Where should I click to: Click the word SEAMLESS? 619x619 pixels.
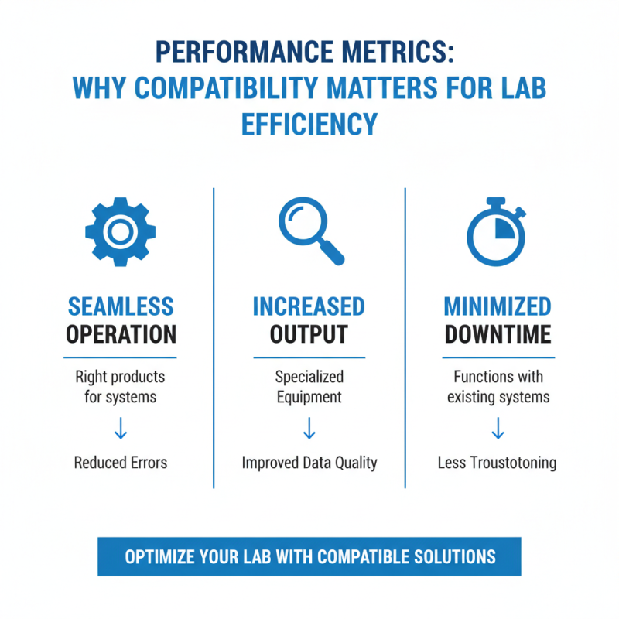[x=121, y=306]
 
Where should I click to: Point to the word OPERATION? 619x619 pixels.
[x=121, y=334]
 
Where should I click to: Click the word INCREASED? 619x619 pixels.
[x=309, y=306]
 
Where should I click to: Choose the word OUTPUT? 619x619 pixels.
[x=309, y=334]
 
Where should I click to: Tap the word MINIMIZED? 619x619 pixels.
[x=498, y=306]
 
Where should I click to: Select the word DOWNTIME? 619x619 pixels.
[x=498, y=334]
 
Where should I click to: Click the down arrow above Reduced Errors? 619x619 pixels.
[x=121, y=429]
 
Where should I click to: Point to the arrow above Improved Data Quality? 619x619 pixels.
[x=309, y=429]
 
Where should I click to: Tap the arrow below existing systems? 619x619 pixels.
[x=498, y=429]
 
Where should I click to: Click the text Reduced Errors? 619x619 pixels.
[x=121, y=463]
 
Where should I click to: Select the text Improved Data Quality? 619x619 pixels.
[x=309, y=463]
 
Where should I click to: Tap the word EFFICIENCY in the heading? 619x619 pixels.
[x=309, y=124]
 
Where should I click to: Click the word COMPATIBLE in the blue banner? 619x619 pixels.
[x=363, y=556]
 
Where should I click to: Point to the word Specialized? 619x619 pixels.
[x=309, y=378]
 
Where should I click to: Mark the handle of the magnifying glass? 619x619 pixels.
[x=332, y=253]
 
